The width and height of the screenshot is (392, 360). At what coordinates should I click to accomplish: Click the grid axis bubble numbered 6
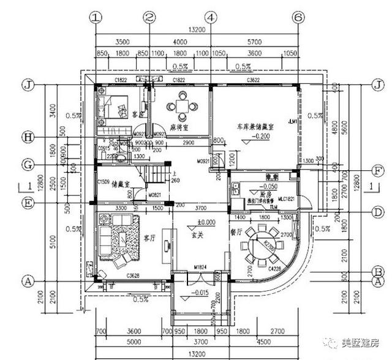point(298,18)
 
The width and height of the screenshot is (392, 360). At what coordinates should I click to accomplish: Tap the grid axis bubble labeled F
point(379,171)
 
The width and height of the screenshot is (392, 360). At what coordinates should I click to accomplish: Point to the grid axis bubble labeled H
point(27,137)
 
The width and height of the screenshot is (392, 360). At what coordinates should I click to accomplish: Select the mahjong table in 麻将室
point(182,105)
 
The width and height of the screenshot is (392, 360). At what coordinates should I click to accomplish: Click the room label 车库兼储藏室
point(255,126)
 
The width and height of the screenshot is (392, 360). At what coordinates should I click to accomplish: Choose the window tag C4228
point(275,268)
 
